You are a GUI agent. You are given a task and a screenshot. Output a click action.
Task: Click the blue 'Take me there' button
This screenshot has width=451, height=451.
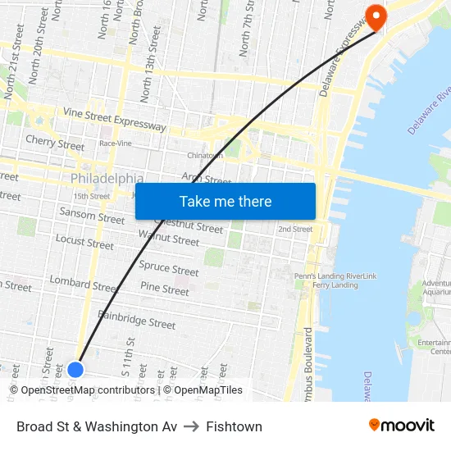tap(225, 202)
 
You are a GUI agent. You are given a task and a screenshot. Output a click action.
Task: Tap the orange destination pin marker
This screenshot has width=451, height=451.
tap(376, 17)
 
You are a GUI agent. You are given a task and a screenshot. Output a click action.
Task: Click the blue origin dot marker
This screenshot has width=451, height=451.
tap(75, 369)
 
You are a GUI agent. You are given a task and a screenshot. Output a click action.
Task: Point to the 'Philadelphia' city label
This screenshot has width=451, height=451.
tap(107, 179)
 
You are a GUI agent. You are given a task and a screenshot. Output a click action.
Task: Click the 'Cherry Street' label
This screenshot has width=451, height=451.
tap(55, 143)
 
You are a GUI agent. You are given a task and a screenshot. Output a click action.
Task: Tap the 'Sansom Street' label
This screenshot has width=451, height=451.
tap(92, 216)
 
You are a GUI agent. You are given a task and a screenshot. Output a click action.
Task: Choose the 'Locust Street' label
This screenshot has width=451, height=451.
tap(84, 242)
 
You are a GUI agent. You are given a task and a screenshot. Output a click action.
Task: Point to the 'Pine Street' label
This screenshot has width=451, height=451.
tap(165, 289)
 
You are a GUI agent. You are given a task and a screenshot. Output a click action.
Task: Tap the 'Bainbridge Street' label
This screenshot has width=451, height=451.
tap(136, 319)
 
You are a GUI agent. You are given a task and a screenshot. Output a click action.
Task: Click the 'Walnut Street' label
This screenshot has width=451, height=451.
tap(169, 239)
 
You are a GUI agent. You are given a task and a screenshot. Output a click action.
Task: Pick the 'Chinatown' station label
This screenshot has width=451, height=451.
tap(205, 155)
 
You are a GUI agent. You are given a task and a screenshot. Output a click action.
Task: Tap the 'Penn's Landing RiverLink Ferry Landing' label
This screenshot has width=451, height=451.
tap(335, 280)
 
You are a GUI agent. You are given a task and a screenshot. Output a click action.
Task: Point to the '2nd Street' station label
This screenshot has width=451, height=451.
tap(295, 229)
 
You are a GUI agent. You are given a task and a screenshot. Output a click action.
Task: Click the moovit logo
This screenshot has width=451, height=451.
tap(402, 426)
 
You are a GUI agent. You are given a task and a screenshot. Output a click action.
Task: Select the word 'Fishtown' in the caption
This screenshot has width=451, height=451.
tap(235, 426)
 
